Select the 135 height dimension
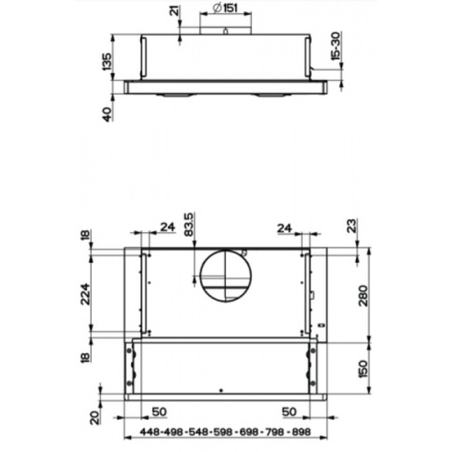pos(107,61)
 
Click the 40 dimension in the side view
pos(107,112)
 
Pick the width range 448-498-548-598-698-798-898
pos(216,432)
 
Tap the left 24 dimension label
pos(167,227)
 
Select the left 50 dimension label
pos(159,411)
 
